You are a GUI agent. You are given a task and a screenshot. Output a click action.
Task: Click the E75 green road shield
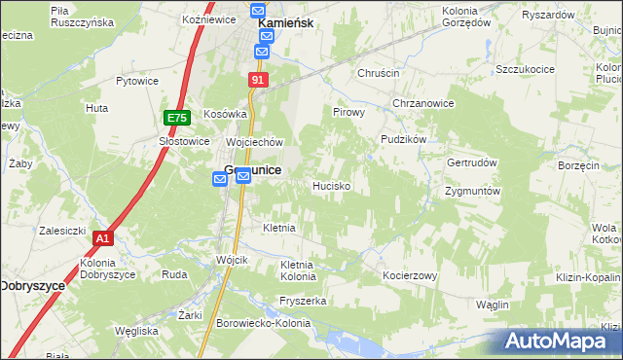tap(176, 118)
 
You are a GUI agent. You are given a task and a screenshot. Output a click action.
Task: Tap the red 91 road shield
tap(258, 80)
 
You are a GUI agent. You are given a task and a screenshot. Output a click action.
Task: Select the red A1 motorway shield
tap(103, 237)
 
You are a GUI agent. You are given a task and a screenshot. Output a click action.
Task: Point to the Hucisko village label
tap(331, 184)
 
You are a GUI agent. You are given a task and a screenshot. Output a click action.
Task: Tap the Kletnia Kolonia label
tap(297, 270)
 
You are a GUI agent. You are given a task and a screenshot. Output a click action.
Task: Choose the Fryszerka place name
tap(302, 301)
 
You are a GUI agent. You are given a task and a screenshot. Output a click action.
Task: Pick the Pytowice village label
tap(137, 82)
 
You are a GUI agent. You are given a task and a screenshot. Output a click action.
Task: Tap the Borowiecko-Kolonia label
tap(263, 323)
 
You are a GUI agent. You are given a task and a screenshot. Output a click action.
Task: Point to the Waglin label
tap(493, 305)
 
